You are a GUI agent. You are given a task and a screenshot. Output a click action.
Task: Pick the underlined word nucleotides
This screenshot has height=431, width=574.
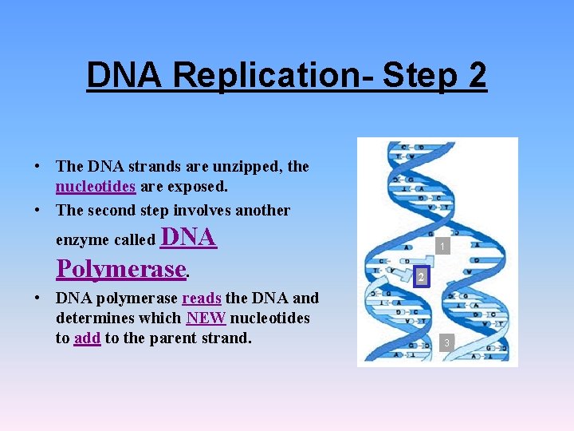[x=96, y=187]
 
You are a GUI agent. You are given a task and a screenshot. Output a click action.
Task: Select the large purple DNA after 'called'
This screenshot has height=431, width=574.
[x=189, y=237]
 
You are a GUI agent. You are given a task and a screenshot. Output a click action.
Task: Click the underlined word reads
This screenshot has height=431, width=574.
[x=202, y=299]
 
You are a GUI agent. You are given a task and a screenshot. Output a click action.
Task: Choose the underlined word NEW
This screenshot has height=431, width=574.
[x=206, y=318]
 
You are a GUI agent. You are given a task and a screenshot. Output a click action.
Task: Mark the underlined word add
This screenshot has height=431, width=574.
[x=87, y=338]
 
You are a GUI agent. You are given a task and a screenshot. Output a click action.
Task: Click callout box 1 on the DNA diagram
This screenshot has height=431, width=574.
[x=442, y=247]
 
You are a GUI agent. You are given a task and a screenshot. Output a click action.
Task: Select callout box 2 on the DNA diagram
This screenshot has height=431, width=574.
[x=419, y=277]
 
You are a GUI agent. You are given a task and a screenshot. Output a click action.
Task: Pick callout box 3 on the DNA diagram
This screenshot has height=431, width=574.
[x=447, y=342]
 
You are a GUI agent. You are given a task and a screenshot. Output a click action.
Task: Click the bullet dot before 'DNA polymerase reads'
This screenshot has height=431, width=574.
[x=37, y=299]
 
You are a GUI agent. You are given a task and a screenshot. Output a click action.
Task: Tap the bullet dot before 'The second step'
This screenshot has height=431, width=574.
[x=37, y=211]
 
